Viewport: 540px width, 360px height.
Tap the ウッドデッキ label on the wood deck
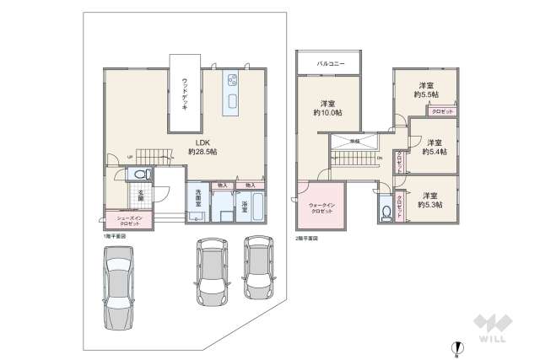point(185,93)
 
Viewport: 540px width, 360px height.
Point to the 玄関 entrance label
point(142,196)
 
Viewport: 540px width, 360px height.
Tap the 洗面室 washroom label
point(195,203)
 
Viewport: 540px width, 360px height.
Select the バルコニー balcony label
point(329,63)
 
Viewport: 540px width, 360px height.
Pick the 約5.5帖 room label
point(426,90)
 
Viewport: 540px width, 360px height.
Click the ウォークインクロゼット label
point(320,207)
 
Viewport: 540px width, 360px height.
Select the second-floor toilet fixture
point(386,209)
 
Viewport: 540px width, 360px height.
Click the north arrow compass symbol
point(456,346)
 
